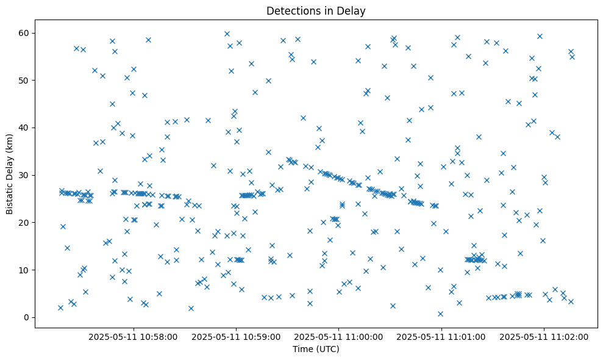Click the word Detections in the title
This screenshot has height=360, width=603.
(290, 11)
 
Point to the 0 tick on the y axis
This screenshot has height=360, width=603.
(27, 317)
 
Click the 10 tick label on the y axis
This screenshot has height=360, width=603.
(24, 270)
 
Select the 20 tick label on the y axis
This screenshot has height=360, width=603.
(24, 223)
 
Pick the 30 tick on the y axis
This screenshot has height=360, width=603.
(24, 175)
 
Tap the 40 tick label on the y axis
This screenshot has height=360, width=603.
(24, 128)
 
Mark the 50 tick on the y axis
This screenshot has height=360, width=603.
(24, 80)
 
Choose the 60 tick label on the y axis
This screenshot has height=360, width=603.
(24, 33)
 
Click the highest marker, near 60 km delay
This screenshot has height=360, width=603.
(227, 34)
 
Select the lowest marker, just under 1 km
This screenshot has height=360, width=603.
(440, 314)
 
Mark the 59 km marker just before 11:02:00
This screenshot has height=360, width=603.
(540, 36)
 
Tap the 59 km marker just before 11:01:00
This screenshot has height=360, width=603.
(457, 37)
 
